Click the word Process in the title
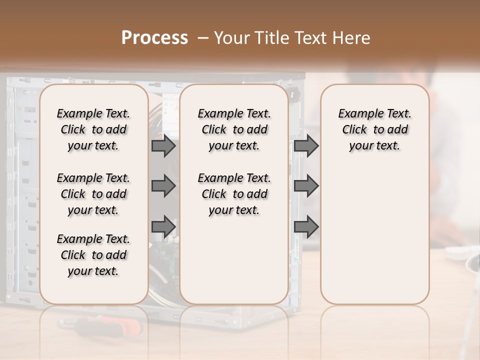tap(154, 38)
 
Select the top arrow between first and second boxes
tap(163, 146)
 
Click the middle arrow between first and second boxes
tap(163, 186)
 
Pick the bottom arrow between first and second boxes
tap(163, 226)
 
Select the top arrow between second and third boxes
tap(306, 146)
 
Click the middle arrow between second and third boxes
tap(306, 186)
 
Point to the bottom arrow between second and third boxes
tap(306, 226)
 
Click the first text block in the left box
tap(93, 129)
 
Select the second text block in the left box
tap(93, 194)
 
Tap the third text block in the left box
tap(93, 255)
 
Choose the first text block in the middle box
tap(234, 129)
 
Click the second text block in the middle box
tap(234, 194)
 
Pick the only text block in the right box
tap(374, 129)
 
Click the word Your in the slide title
tap(230, 38)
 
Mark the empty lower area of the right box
tap(374, 235)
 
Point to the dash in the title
tap(203, 38)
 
